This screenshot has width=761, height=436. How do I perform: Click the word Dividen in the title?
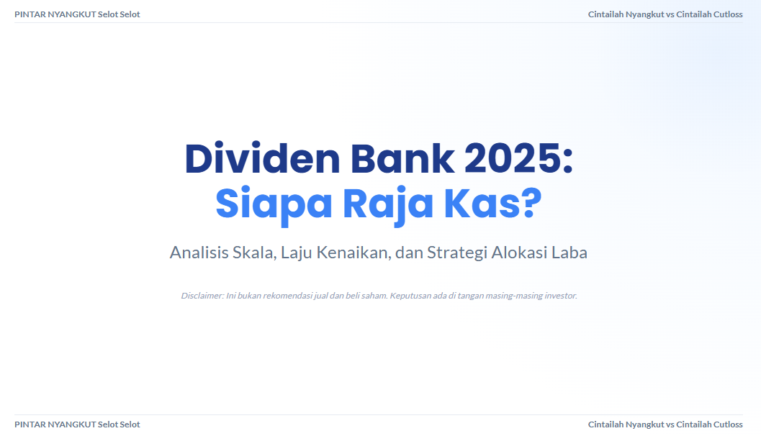(262, 158)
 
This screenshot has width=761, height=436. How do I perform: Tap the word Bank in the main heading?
(402, 158)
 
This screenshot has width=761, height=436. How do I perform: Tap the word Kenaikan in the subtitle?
(353, 253)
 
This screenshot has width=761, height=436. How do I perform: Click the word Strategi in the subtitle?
(456, 253)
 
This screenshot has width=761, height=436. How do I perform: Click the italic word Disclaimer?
(202, 296)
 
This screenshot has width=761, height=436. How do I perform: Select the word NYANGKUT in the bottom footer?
(72, 424)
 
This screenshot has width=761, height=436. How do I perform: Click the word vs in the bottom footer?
(670, 424)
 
